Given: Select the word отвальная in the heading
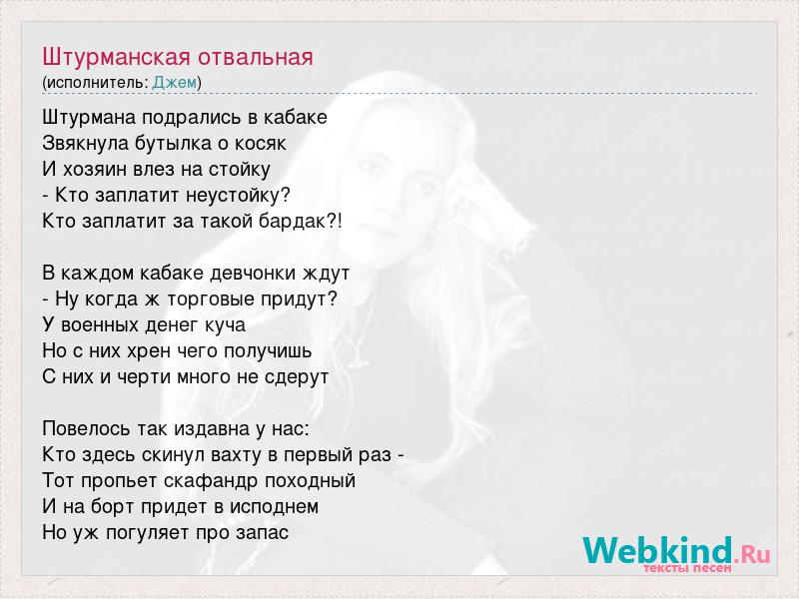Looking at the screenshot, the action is [256, 57].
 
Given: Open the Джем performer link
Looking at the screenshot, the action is [174, 83].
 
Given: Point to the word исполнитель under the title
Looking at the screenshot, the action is [95, 83].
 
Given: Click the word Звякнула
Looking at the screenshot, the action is [85, 143].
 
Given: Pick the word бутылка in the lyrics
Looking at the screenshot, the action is [172, 143].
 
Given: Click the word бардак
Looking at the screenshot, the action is [292, 222].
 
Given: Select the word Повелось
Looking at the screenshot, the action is [86, 429].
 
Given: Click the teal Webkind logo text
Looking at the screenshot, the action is [657, 550].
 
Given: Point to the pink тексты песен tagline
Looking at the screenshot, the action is [687, 567].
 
